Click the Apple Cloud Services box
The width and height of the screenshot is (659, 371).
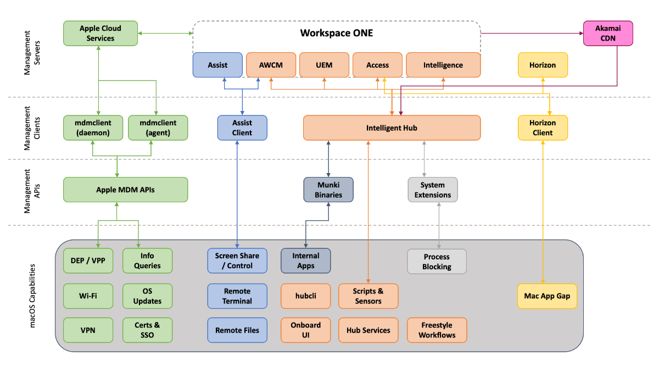(100, 34)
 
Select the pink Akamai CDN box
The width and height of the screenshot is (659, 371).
(608, 34)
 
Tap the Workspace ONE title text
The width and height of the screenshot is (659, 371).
(337, 33)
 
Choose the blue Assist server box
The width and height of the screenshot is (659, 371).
(217, 65)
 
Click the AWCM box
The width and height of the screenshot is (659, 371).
(271, 65)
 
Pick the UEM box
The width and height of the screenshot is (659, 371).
(324, 65)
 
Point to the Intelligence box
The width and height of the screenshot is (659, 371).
(443, 65)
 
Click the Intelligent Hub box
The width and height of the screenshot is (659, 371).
(392, 128)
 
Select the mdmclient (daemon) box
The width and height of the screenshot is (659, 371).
(93, 128)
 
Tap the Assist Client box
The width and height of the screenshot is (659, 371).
(242, 128)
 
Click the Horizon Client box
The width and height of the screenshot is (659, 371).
(543, 128)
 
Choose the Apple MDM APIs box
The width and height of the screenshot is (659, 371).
(125, 190)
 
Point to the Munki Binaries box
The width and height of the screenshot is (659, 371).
(328, 190)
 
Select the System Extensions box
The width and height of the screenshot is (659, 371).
(433, 190)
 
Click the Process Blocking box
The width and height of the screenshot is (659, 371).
(437, 262)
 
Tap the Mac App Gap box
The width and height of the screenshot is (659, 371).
(547, 296)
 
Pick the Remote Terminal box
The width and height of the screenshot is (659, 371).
(237, 296)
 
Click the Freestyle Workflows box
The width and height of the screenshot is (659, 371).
(437, 330)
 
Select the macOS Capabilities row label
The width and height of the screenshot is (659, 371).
(32, 296)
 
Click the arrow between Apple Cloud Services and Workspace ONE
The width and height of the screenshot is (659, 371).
(165, 34)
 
